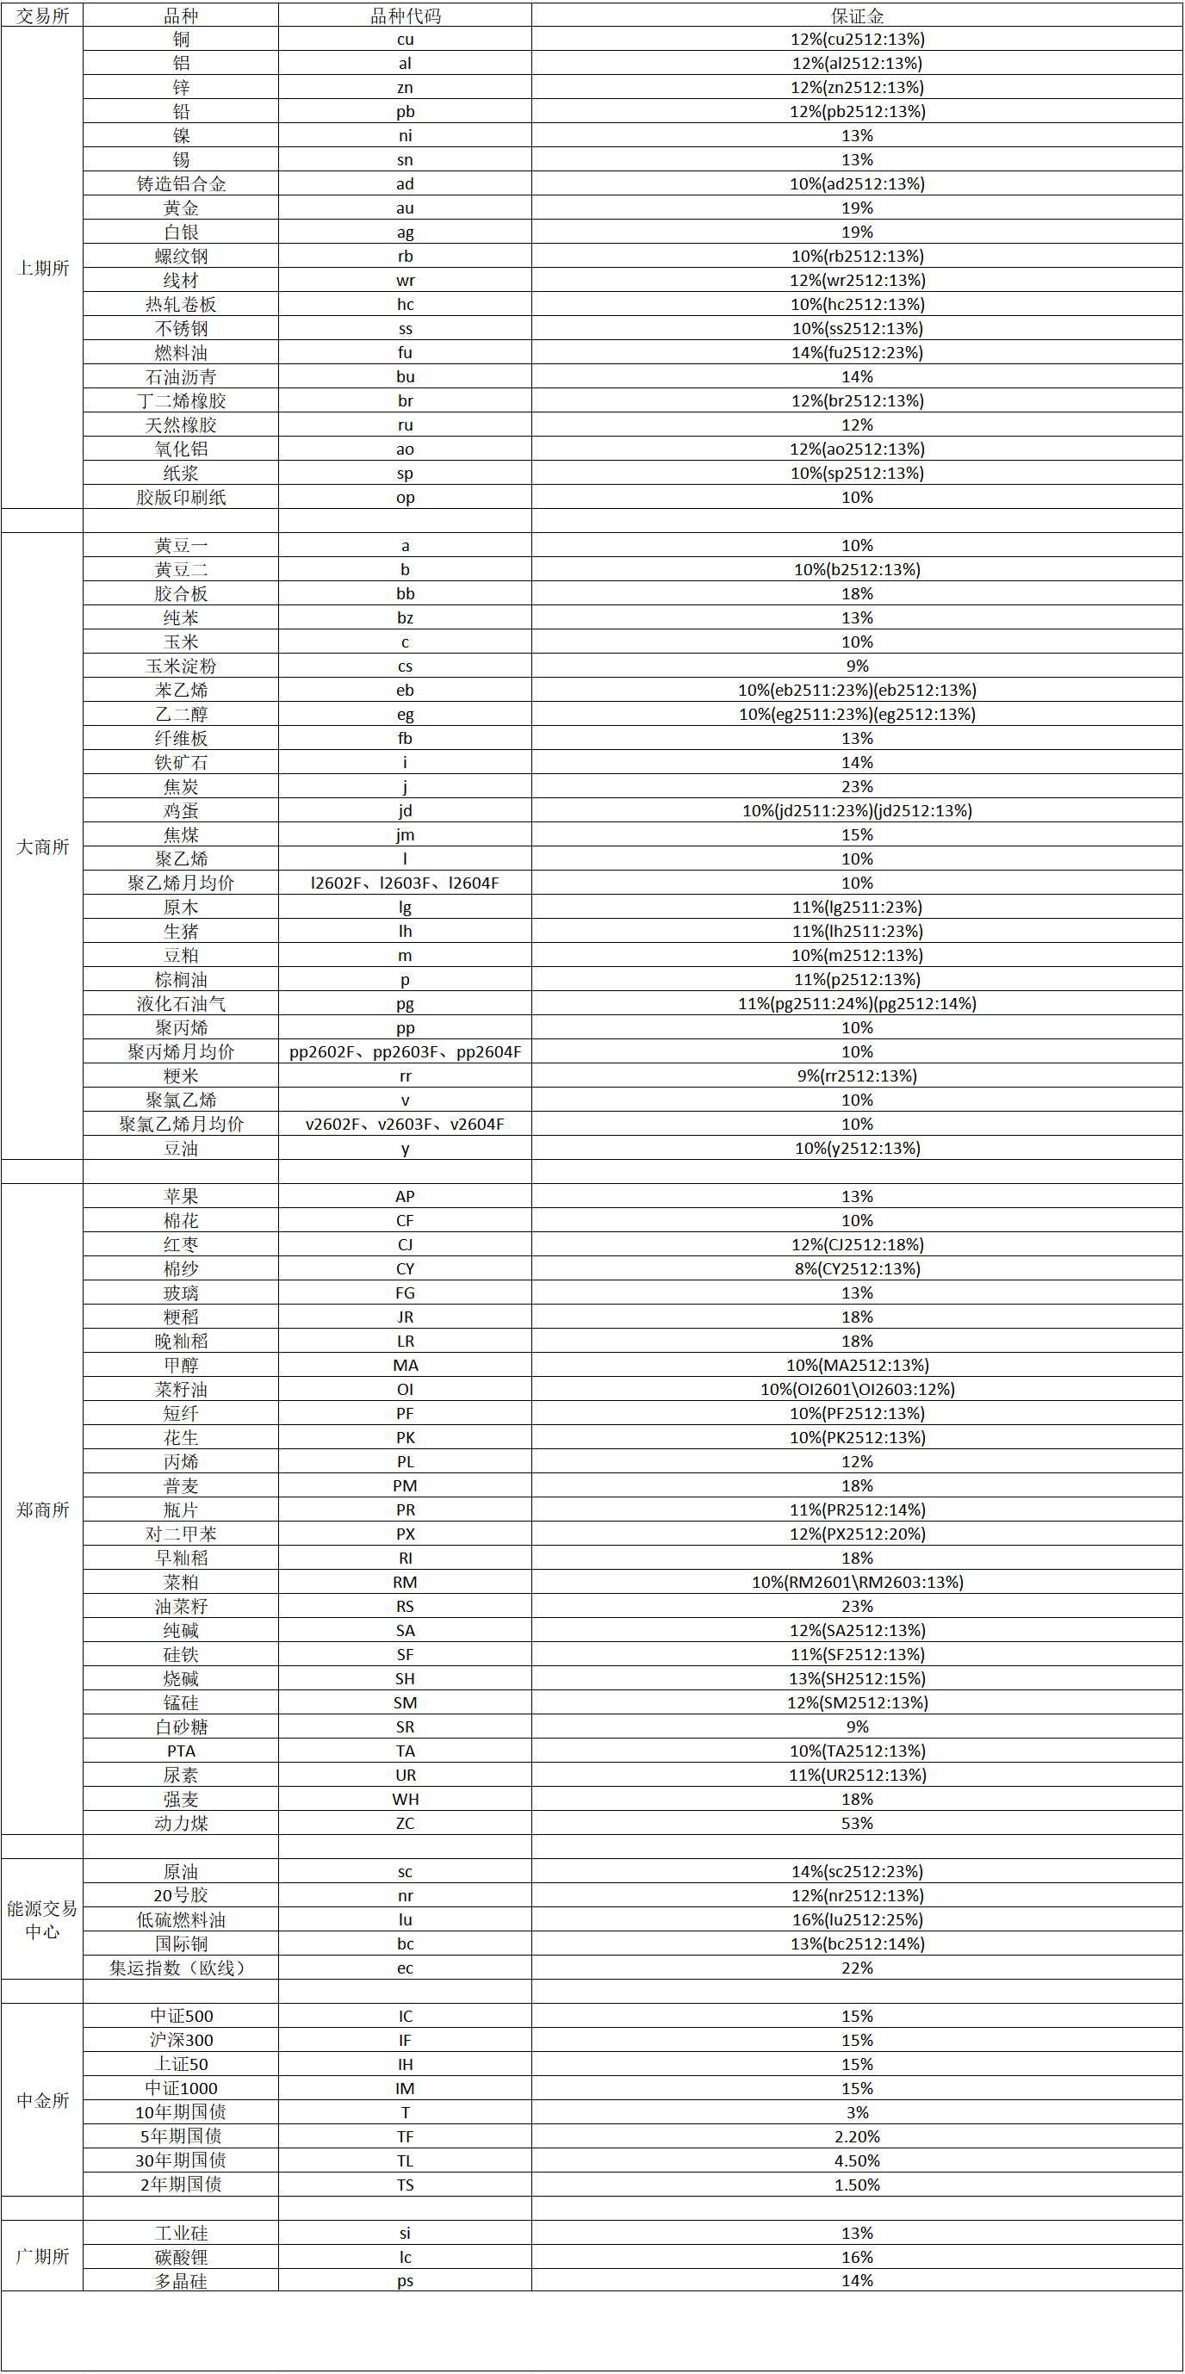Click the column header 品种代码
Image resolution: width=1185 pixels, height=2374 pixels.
point(405,15)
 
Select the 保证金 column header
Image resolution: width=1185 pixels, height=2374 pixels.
point(857,15)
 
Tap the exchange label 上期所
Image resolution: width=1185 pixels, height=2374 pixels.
point(42,268)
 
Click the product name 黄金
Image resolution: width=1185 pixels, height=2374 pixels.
point(181,208)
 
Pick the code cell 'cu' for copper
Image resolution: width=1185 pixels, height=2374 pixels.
point(405,40)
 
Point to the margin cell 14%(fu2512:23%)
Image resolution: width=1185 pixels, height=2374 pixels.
point(857,353)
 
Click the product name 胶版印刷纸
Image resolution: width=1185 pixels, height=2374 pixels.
point(181,498)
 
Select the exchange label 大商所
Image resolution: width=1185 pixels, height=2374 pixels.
point(42,847)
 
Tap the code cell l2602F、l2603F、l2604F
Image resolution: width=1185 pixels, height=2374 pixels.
point(405,883)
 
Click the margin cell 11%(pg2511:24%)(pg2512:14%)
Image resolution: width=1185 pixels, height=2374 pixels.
point(857,1004)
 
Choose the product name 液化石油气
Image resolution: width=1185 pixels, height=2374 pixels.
point(181,1004)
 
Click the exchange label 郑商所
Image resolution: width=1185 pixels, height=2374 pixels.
point(42,1509)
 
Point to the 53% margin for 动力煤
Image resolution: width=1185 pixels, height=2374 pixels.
point(857,1823)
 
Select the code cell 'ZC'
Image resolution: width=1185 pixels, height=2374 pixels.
point(405,1823)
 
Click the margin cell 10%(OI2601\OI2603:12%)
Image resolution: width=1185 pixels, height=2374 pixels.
point(857,1389)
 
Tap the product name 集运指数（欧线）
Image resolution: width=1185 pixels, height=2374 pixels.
point(181,1968)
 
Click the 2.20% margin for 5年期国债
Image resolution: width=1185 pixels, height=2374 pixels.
point(857,2136)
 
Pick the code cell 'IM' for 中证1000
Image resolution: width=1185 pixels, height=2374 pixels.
point(405,2088)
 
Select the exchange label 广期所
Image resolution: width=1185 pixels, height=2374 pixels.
point(42,2256)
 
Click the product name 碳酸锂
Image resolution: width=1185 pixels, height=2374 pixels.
point(181,2257)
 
